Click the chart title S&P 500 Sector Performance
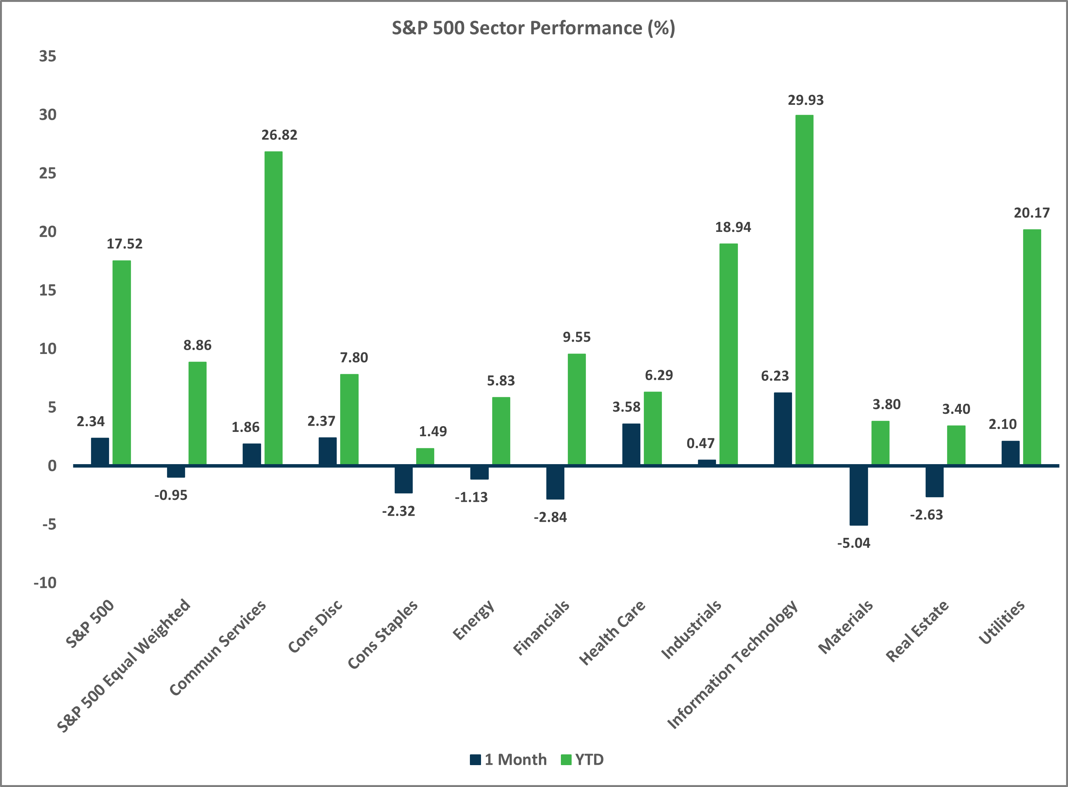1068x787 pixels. click(x=533, y=28)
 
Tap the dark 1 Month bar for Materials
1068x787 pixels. click(x=858, y=496)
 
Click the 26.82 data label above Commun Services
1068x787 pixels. click(x=279, y=135)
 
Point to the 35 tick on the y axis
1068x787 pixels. click(x=48, y=56)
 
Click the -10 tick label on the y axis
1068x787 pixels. click(x=45, y=583)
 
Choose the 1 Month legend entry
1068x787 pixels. click(x=508, y=759)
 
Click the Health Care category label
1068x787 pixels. click(x=612, y=633)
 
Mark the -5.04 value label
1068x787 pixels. click(x=854, y=543)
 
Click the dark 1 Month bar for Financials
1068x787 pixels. click(x=555, y=482)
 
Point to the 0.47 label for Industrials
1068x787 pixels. click(x=700, y=443)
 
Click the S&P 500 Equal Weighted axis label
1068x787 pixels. click(x=124, y=666)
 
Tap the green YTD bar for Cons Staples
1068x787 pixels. click(x=425, y=456)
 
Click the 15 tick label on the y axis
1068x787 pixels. click(x=48, y=290)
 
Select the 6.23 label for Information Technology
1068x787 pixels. click(x=775, y=376)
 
